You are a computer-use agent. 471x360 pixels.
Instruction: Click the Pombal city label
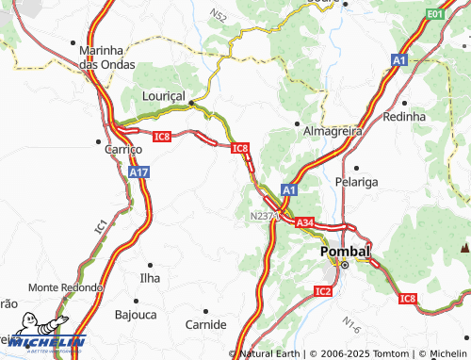(346, 253)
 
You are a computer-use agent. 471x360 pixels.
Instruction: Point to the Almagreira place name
(332, 132)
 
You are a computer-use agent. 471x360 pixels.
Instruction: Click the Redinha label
(405, 116)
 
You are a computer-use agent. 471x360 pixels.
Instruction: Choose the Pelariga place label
(355, 180)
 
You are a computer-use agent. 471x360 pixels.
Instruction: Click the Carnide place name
(206, 324)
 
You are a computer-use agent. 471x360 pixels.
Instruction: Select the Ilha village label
(150, 279)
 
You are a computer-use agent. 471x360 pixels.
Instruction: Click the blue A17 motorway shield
(139, 172)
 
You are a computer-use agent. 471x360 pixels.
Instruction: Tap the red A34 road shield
(303, 223)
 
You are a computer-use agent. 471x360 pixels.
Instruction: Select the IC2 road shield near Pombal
(322, 292)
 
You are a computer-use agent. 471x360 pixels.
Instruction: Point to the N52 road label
(219, 16)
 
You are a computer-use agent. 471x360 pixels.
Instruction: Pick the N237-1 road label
(267, 216)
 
